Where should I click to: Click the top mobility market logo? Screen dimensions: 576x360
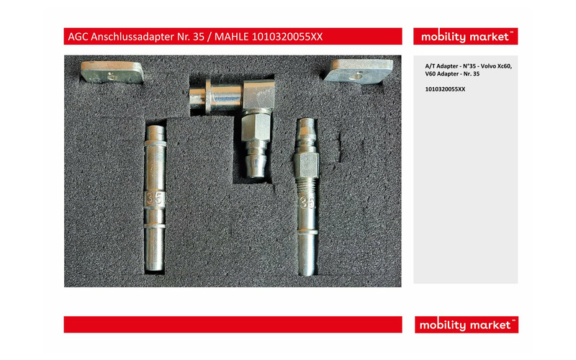465,37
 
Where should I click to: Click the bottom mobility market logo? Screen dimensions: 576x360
466,325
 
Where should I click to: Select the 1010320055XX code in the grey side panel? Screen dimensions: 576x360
445,89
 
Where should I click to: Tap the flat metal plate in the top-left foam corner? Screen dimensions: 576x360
112,72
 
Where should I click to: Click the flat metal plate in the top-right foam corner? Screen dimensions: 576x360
359,71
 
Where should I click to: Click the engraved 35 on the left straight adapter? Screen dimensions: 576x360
155,199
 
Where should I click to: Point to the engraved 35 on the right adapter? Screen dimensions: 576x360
307,202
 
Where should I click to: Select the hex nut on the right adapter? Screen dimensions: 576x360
307,164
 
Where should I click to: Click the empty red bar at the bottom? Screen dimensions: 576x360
233,325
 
